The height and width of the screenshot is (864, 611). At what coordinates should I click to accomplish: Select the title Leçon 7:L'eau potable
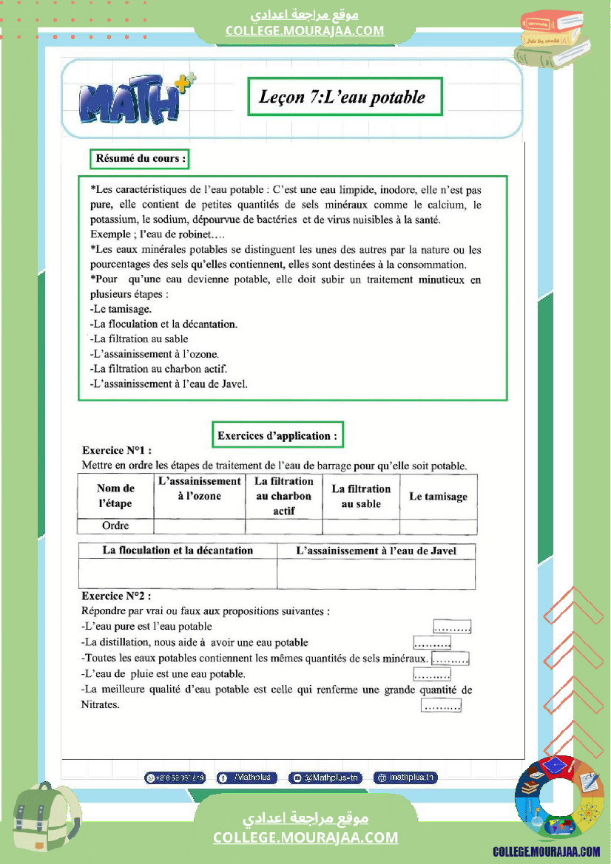pos(344,97)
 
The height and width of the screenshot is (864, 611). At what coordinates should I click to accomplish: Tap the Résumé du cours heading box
pos(140,158)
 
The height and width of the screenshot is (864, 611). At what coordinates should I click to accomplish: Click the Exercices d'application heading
pos(277,435)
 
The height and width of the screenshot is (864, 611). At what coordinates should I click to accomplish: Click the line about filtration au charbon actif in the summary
pos(158,369)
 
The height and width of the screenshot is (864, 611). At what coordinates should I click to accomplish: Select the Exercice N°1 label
pos(117,450)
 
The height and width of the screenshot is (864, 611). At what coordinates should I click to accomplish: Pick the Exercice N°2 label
pos(117,596)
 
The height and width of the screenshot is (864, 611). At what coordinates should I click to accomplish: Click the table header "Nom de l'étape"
pos(115,496)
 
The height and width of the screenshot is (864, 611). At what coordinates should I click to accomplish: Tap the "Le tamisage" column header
pos(438,497)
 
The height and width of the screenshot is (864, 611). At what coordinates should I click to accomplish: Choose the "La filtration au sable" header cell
pos(361,497)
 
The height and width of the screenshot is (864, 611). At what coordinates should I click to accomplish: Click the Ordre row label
pos(115,526)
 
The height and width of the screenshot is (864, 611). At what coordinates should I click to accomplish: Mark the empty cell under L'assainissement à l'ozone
pos(200,526)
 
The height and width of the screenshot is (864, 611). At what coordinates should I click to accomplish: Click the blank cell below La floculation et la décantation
pos(178,574)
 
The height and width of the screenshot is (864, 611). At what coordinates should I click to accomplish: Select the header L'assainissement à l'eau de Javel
pos(376,551)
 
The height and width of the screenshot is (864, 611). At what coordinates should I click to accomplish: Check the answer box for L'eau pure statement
pos(452,627)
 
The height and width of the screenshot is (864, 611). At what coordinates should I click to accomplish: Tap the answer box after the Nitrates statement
pos(441,706)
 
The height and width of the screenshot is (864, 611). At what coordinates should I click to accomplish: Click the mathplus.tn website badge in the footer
pos(405,778)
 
